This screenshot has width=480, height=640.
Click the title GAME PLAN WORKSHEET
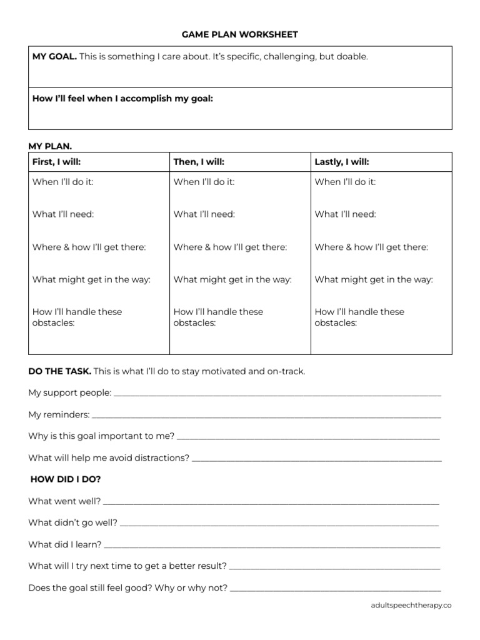click(x=240, y=34)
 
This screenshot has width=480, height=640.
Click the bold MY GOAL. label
click(x=54, y=57)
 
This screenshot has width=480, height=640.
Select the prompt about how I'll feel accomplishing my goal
click(x=122, y=98)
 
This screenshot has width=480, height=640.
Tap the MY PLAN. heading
click(x=50, y=146)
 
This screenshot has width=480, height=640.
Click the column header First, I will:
click(x=57, y=162)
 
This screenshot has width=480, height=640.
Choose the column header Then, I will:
click(x=199, y=162)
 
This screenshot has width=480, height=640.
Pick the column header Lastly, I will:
click(x=342, y=162)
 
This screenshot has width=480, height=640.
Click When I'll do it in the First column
click(x=63, y=182)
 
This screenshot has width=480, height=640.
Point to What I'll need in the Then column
click(x=204, y=214)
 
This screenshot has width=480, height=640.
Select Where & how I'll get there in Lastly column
click(x=371, y=247)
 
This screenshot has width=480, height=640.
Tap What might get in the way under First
click(x=91, y=279)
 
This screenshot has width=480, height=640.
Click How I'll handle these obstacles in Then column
click(x=218, y=317)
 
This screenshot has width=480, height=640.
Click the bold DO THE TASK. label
click(x=59, y=371)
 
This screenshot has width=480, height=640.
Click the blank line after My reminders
click(x=266, y=416)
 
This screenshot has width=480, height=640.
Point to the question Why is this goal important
click(x=101, y=436)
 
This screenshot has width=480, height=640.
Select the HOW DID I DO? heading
click(x=66, y=479)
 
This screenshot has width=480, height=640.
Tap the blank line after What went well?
click(x=271, y=502)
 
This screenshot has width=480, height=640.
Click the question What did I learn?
click(x=65, y=544)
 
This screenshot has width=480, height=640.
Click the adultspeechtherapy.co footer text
click(x=411, y=605)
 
